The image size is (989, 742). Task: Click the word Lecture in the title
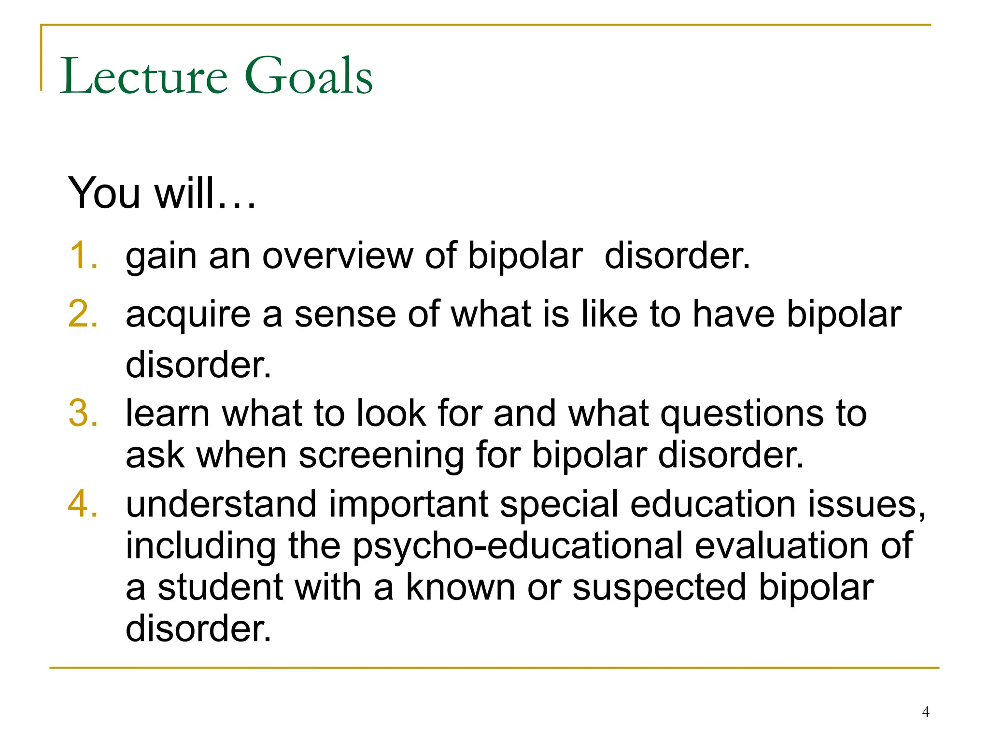[x=143, y=76]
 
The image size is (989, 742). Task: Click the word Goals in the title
[x=309, y=76]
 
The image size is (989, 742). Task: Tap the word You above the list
[x=104, y=193]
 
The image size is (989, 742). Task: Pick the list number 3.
[x=83, y=414]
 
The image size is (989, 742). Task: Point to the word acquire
[x=188, y=315]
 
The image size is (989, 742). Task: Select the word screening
[x=381, y=456]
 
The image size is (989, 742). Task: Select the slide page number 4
[x=925, y=712]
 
